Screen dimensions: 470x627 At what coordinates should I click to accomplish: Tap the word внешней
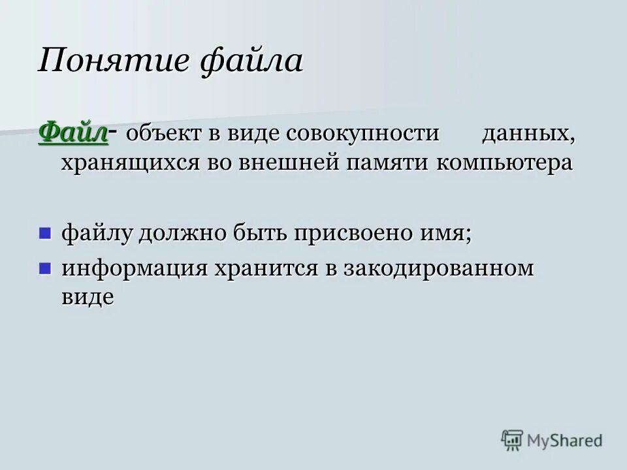(x=295, y=163)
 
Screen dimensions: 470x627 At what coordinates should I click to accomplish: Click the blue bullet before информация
(x=45, y=268)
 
